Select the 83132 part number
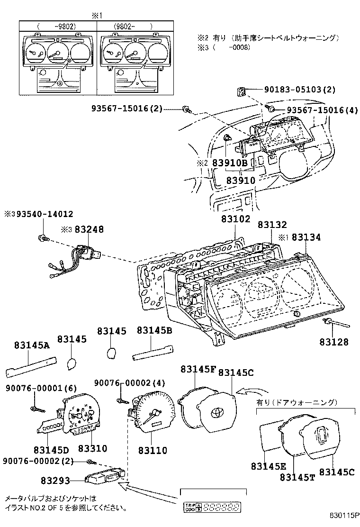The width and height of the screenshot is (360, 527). click(272, 225)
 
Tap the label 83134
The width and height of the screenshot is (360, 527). click(306, 237)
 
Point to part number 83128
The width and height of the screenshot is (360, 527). click(333, 342)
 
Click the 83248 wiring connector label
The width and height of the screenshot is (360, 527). click(89, 229)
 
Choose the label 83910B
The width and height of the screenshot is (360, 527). click(230, 163)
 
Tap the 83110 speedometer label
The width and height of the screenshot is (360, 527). click(153, 450)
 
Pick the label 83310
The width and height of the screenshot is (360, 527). click(92, 448)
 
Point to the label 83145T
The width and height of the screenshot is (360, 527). click(297, 477)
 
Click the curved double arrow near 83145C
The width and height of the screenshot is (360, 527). click(249, 391)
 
